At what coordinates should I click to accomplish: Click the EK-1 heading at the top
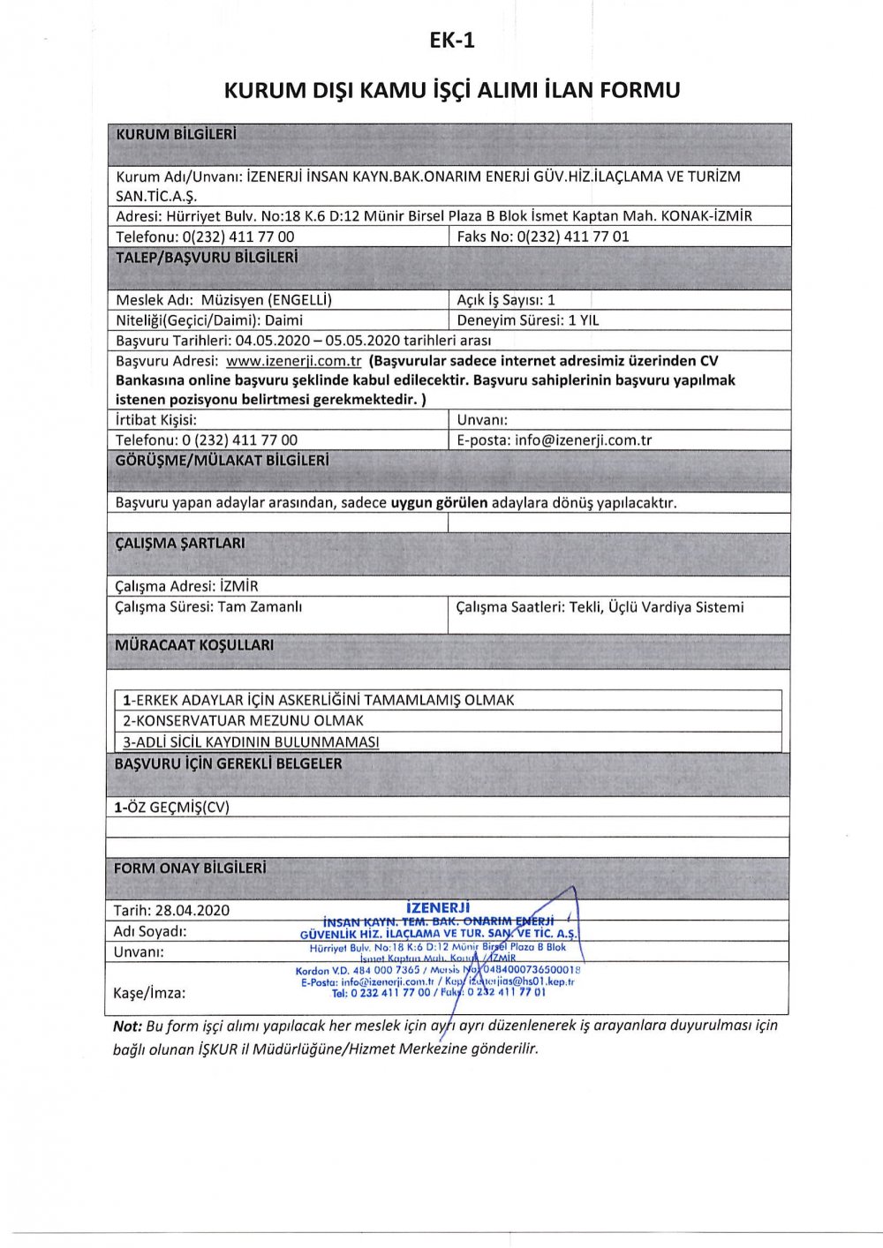[x=451, y=40]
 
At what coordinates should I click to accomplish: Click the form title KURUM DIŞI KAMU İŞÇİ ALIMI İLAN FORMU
[x=451, y=90]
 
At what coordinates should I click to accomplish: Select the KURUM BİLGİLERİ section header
[x=177, y=135]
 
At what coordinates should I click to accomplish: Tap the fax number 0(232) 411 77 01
[x=573, y=237]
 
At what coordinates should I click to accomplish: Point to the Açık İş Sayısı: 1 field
[x=506, y=300]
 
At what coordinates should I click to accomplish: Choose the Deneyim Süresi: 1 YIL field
[x=527, y=320]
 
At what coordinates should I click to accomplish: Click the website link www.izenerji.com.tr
[x=294, y=361]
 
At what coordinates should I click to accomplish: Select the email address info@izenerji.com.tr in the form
[x=584, y=440]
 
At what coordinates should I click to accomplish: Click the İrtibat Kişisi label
[x=156, y=420]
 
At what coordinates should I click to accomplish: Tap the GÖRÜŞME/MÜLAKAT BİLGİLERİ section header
[x=223, y=461]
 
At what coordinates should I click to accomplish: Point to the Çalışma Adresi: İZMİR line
[x=187, y=586]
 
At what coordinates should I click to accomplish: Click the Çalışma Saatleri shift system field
[x=600, y=607]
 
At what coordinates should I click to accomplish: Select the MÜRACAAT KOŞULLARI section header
[x=194, y=645]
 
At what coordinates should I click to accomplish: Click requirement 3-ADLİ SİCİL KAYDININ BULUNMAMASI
[x=251, y=742]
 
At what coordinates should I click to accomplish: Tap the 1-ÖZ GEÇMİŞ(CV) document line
[x=172, y=807]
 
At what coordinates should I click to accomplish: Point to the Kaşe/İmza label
[x=149, y=993]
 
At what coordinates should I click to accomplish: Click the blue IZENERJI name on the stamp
[x=438, y=907]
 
